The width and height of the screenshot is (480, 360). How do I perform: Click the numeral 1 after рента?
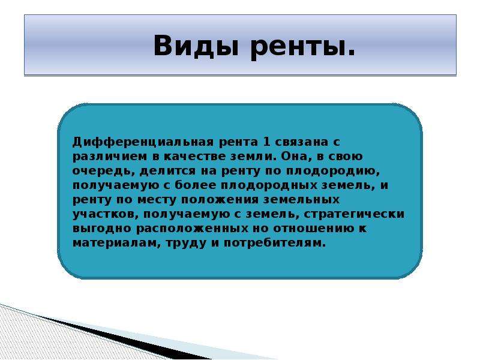point(266,142)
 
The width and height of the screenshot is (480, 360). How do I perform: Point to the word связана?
point(300,142)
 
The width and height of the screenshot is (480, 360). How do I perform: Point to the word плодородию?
point(333,171)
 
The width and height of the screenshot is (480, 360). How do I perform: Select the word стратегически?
point(354,214)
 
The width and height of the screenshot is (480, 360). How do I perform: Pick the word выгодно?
point(102,229)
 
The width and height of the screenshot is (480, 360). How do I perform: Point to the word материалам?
point(116,244)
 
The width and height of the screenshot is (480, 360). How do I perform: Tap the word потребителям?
point(275,244)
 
